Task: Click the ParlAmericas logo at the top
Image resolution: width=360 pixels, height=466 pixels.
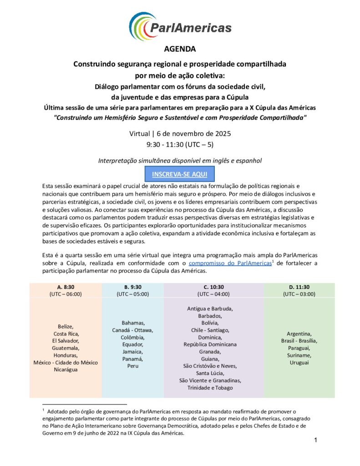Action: click(180, 26)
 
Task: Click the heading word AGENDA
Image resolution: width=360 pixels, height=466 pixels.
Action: click(180, 49)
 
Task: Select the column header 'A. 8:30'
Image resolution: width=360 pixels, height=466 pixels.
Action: click(66, 287)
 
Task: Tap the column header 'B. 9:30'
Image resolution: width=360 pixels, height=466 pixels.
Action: click(132, 287)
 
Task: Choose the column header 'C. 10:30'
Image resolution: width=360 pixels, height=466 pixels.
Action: click(213, 287)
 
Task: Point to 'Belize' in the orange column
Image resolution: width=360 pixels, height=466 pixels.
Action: click(66, 326)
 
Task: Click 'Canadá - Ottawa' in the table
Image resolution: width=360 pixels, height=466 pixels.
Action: click(132, 330)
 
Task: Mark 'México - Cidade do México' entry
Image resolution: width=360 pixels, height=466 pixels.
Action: click(66, 362)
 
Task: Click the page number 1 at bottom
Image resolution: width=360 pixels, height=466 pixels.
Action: click(315, 440)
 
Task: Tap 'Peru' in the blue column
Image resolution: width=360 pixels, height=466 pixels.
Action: click(132, 366)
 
